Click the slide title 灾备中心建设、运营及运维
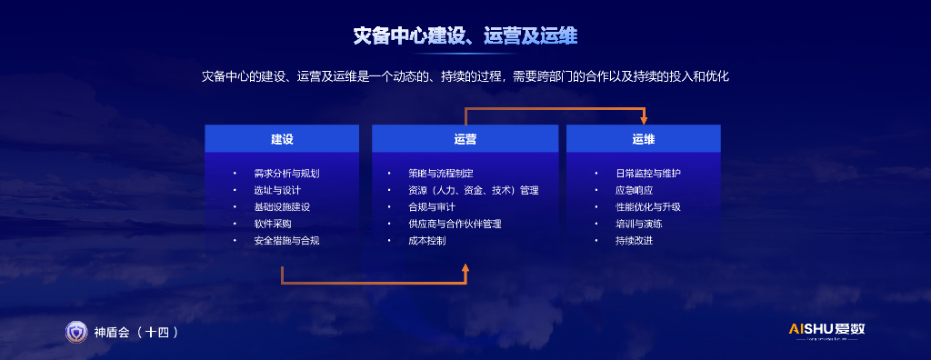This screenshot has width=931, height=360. click(x=465, y=35)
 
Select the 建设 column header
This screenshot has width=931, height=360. click(x=282, y=139)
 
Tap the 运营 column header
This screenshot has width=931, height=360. click(x=465, y=139)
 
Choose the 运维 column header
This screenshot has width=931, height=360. click(x=644, y=139)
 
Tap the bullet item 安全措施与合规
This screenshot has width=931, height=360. click(x=286, y=241)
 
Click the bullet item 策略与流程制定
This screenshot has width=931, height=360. click(x=441, y=174)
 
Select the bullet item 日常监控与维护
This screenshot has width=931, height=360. click(x=648, y=174)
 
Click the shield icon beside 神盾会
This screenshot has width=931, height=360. click(x=76, y=332)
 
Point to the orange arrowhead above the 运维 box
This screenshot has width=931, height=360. click(x=644, y=120)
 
